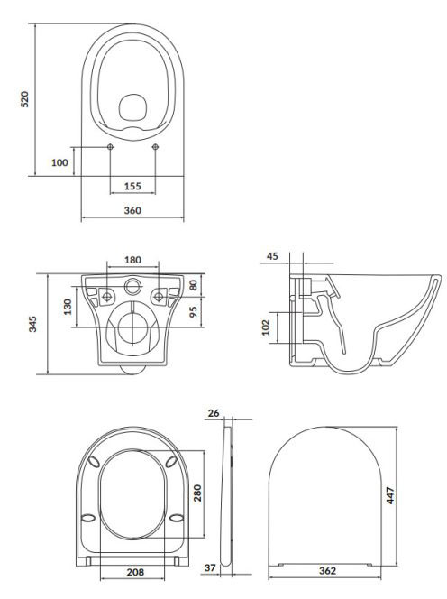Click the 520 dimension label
coord(25,99)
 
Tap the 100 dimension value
coord(59,162)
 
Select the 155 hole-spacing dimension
coord(132,187)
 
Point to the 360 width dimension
coord(132,210)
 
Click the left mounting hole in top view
coord(110,147)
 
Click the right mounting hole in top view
coord(155,147)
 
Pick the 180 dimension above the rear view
coord(132,260)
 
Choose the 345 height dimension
coord(33,324)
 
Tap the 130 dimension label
coord(68,307)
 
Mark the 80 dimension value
coord(194,285)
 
